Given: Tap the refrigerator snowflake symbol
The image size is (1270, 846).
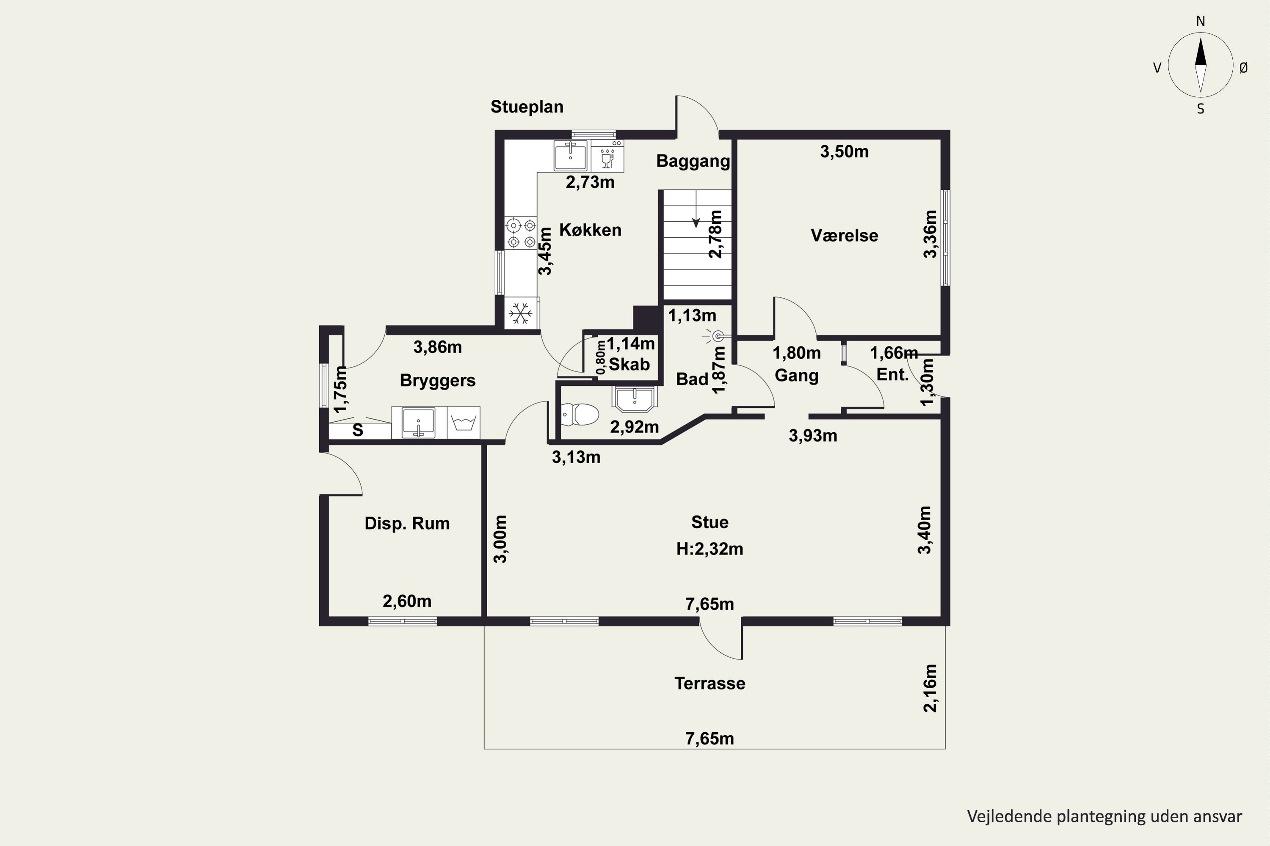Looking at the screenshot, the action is (521, 313).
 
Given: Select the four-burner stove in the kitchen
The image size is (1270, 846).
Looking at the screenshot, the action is (521, 233).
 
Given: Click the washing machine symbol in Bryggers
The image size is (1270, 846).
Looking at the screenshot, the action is (463, 423).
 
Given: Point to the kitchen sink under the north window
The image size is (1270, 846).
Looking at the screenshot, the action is (571, 155).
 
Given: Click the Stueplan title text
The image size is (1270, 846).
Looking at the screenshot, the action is (527, 107).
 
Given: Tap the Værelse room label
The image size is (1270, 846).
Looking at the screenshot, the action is (844, 235).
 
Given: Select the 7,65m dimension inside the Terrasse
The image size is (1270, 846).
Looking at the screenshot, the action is (710, 739).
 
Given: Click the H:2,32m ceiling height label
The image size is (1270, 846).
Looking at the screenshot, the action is (710, 549).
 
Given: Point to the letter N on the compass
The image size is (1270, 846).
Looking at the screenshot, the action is (1200, 22).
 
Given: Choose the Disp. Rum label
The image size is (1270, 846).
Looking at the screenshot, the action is (407, 523).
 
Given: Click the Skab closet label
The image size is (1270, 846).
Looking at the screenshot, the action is (629, 364).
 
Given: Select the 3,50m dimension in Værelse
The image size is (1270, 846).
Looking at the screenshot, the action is (844, 151).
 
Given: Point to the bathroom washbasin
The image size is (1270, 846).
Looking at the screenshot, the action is (635, 398).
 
